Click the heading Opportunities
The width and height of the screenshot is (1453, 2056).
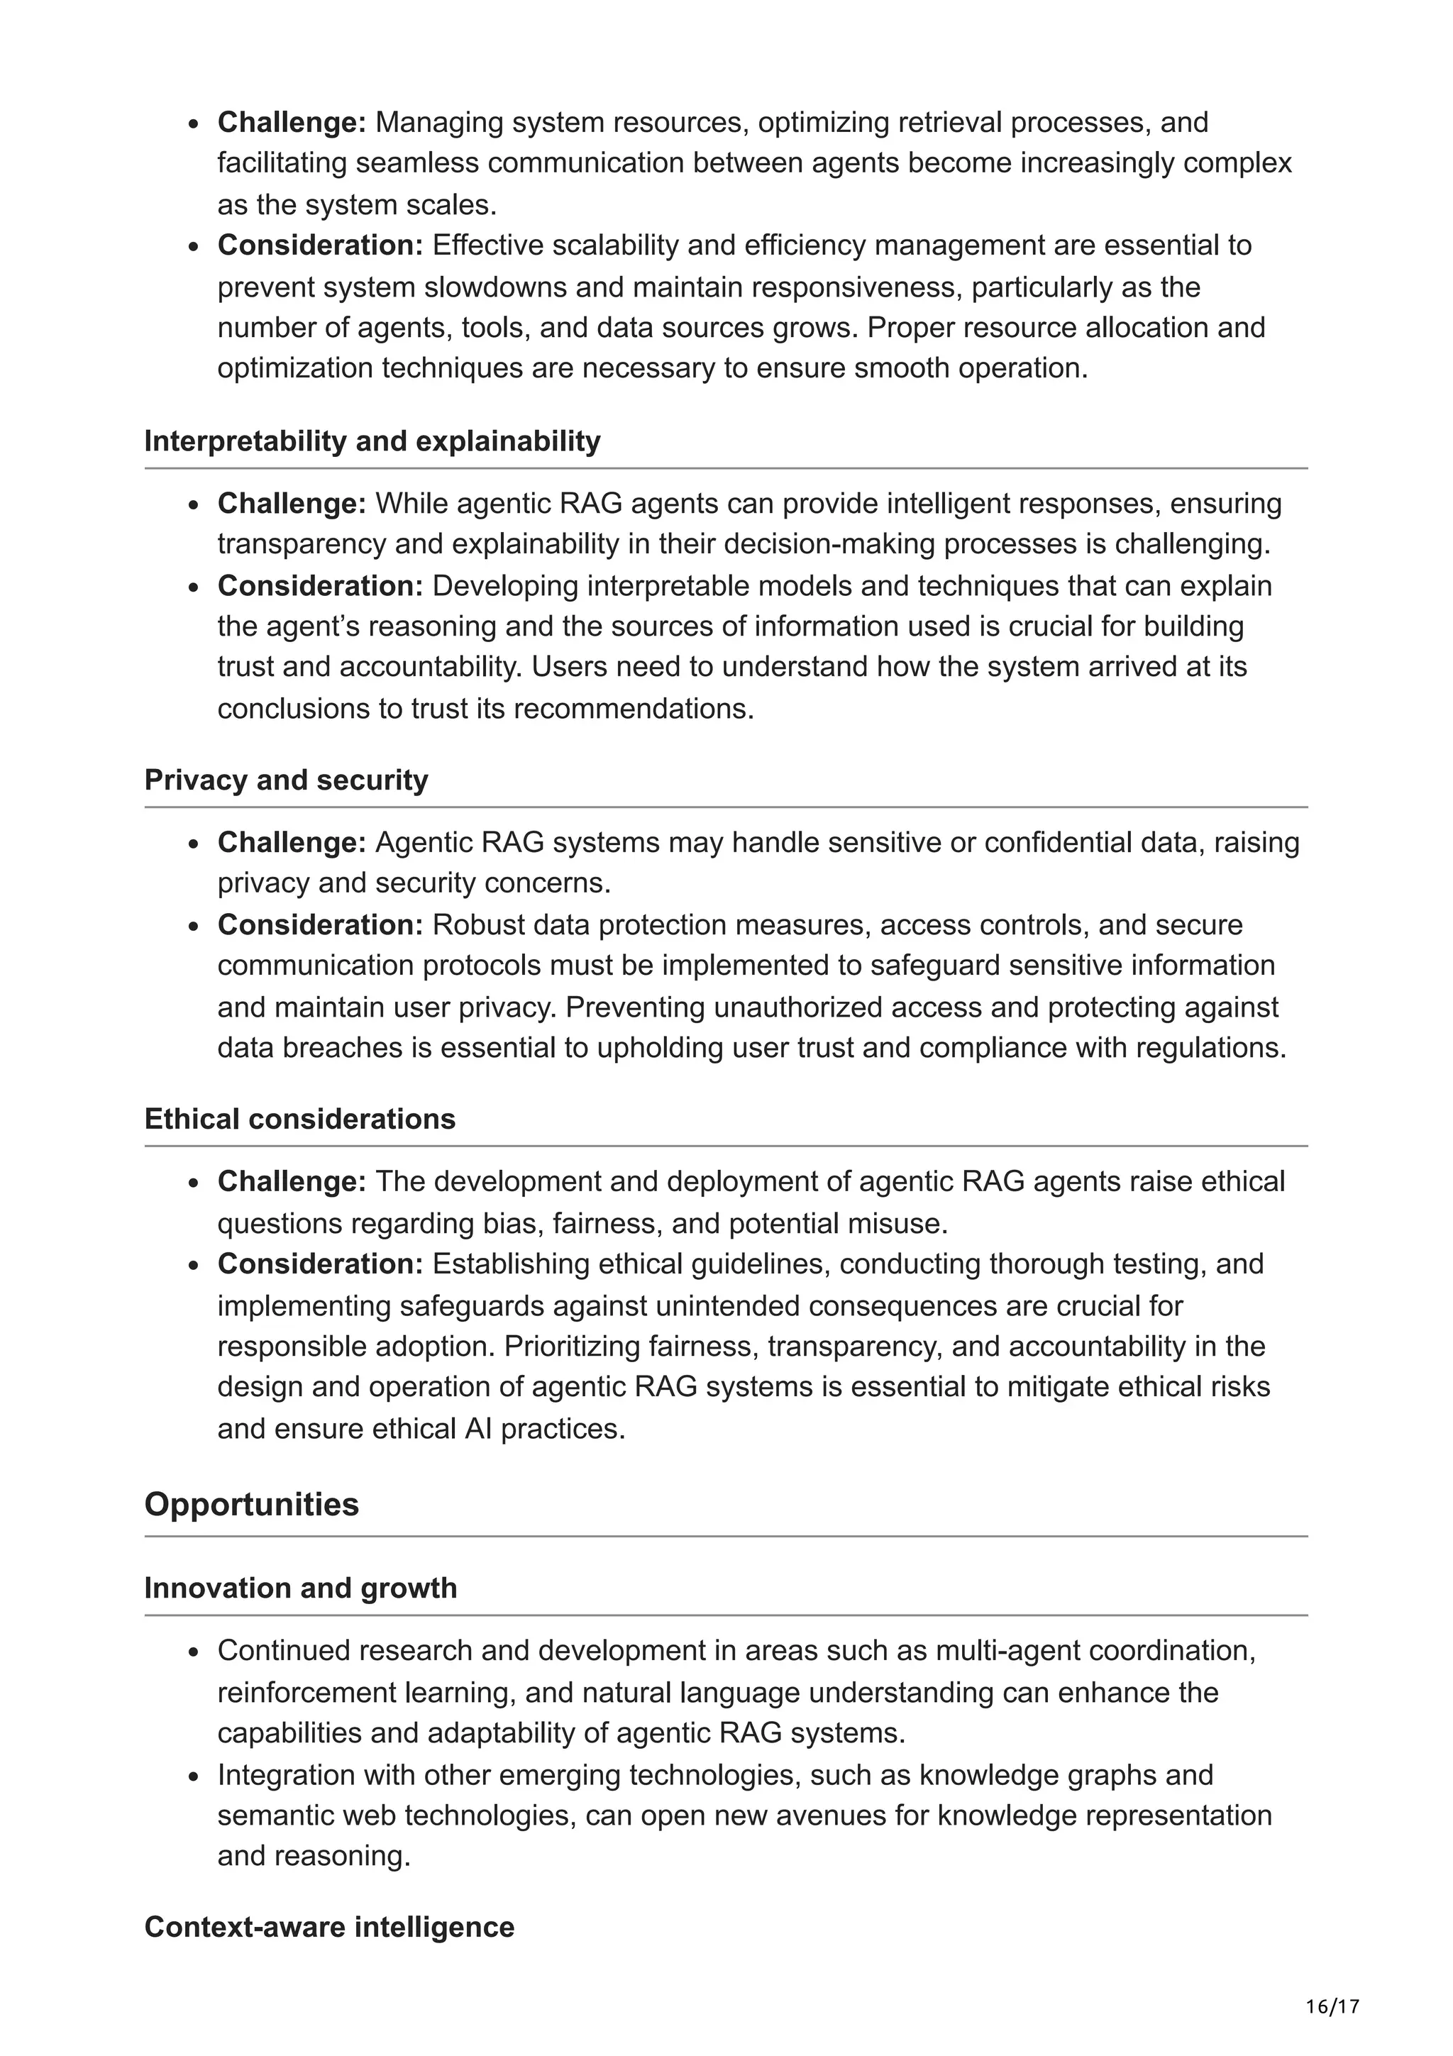[252, 1505]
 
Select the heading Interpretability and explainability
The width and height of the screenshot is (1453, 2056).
[372, 441]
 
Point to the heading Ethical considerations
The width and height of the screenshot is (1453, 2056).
[300, 1120]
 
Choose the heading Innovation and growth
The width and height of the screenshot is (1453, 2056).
[301, 1588]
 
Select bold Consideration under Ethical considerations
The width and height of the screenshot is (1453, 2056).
[319, 1264]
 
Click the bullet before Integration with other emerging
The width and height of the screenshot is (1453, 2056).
[194, 1776]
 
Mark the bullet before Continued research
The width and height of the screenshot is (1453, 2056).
[194, 1652]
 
